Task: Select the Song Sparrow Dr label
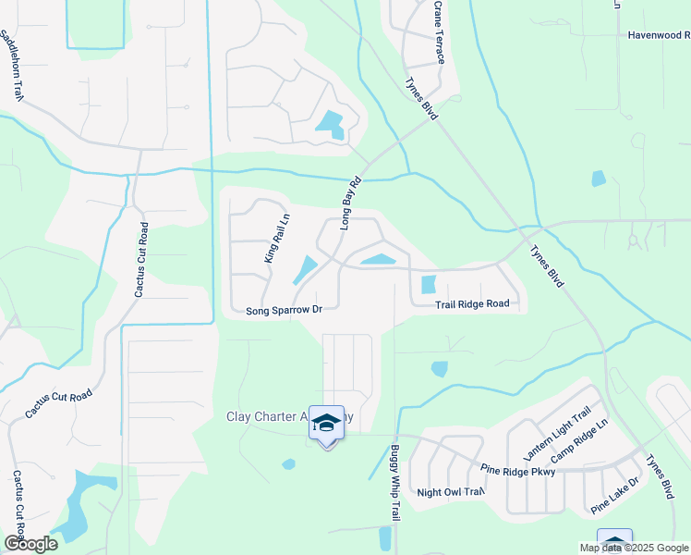point(284,311)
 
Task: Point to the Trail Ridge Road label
point(473,303)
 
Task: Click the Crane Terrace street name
point(439,32)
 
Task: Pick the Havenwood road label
point(659,35)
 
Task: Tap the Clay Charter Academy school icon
point(326,424)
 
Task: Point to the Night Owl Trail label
point(451,492)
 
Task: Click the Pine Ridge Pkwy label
point(518,472)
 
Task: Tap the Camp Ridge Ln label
point(579,442)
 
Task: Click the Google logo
point(30,544)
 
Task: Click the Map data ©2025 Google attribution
point(634,548)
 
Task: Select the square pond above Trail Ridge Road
point(428,285)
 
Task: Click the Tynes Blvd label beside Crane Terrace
point(421,97)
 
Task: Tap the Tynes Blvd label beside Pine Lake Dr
point(660,477)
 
